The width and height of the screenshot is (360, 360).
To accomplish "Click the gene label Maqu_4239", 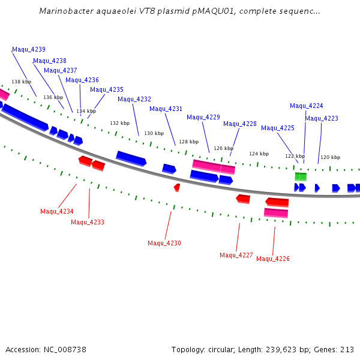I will [28, 49].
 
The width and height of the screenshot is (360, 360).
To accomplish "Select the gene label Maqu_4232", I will [134, 99].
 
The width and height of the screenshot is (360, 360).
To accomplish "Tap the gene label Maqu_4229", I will [203, 117].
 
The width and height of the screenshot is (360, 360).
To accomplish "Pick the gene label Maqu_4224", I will [307, 106].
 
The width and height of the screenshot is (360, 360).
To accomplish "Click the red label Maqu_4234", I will [57, 211].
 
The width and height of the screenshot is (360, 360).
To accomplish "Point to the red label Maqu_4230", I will [164, 243].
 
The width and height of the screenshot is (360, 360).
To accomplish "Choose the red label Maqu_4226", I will [273, 259].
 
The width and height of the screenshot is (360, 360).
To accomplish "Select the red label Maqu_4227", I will [236, 255].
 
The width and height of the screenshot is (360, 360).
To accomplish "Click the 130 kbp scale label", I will [154, 133].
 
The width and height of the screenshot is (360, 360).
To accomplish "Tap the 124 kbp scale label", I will [259, 154].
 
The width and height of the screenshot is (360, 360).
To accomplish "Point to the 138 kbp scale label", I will [22, 82].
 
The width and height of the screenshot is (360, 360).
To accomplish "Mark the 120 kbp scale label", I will [330, 157].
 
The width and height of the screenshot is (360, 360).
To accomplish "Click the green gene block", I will [301, 176].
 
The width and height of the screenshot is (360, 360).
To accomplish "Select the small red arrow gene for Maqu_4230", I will [177, 188].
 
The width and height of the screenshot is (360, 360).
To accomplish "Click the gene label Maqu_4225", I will [278, 128].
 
